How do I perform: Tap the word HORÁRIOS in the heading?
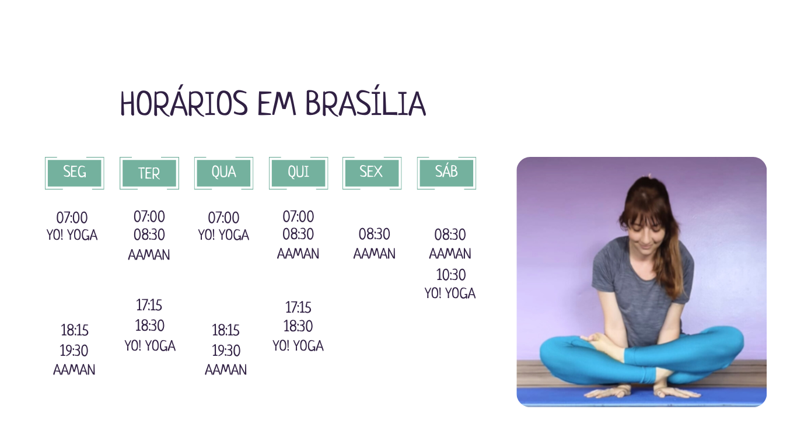click(x=184, y=103)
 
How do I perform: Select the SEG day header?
click(x=74, y=173)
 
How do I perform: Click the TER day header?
click(x=149, y=173)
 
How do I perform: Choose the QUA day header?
click(x=224, y=173)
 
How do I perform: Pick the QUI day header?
click(x=299, y=173)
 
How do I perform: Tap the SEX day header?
click(x=372, y=173)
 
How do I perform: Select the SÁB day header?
click(x=446, y=173)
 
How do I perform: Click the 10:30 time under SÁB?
click(x=451, y=275)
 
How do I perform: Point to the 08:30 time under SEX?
click(x=375, y=234)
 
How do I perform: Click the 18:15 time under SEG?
click(x=74, y=330)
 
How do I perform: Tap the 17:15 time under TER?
click(x=149, y=305)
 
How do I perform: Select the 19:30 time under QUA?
click(x=226, y=351)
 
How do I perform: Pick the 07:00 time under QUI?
click(x=298, y=216)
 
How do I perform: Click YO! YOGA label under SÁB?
click(x=450, y=293)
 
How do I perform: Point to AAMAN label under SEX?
click(x=375, y=254)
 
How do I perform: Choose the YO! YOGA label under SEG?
click(x=72, y=235)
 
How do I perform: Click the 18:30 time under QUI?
click(x=298, y=326)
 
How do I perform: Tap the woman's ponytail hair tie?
click(x=651, y=176)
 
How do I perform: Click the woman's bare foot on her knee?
click(x=605, y=344)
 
